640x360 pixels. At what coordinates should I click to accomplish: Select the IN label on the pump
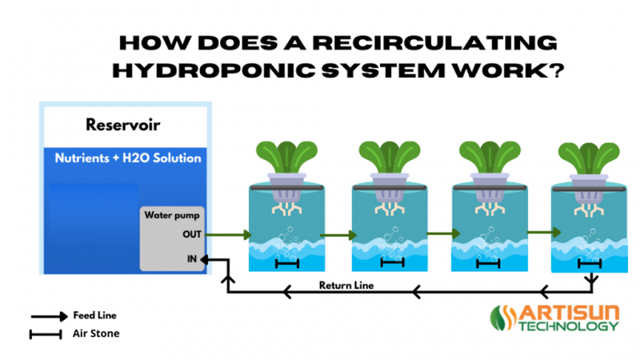click(192, 259)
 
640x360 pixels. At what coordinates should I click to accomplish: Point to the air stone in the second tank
click(392, 262)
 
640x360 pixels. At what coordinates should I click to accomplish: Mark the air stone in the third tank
click(492, 262)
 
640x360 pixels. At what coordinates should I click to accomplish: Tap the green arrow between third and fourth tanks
click(543, 233)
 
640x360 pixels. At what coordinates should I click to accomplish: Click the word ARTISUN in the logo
click(571, 313)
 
